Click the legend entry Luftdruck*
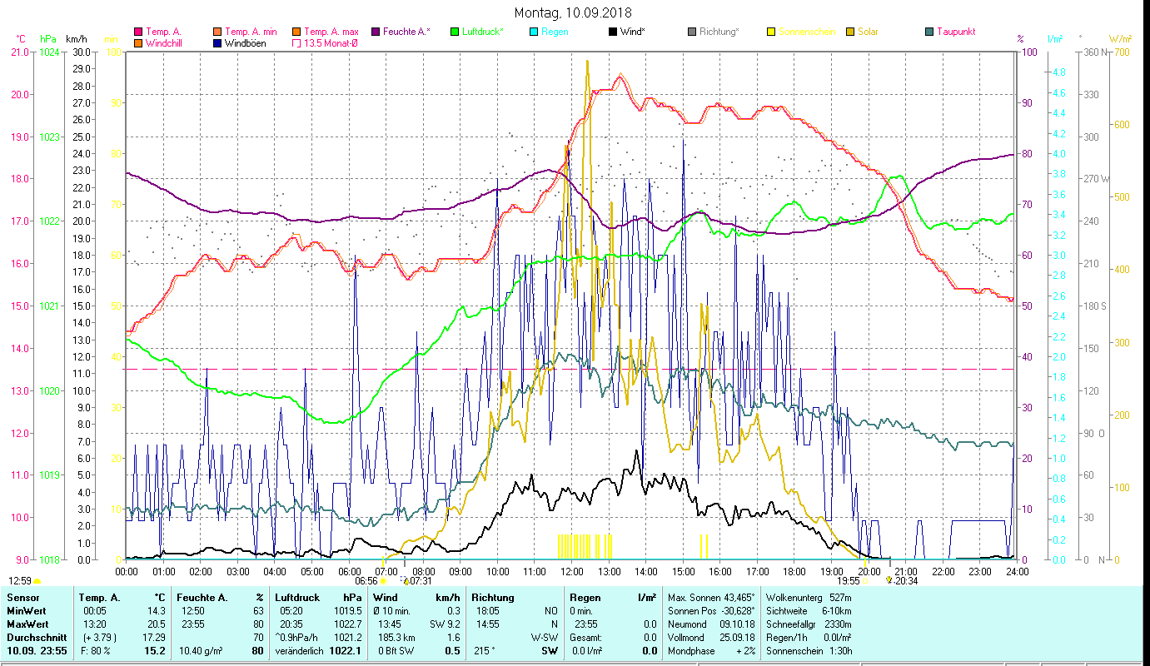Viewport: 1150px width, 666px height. coord(482,32)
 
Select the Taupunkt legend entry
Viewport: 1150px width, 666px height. coord(955,32)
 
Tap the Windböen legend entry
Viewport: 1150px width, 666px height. coord(245,42)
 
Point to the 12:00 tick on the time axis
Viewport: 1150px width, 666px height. coord(572,572)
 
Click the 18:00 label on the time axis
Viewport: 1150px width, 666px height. coord(794,572)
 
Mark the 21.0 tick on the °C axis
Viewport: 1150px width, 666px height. coord(20,52)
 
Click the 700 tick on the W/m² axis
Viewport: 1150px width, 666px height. coord(1119,52)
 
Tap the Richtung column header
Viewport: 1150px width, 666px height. coord(492,598)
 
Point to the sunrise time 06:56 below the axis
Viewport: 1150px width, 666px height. coord(366,581)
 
